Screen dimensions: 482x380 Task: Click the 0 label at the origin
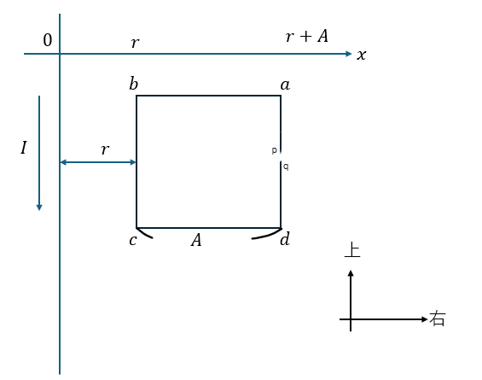click(47, 40)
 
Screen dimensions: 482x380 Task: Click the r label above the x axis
click(136, 43)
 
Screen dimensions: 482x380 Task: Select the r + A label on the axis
click(307, 36)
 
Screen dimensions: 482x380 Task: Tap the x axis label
click(362, 55)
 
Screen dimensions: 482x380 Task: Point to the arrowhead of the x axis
click(349, 54)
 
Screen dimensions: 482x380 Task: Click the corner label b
click(133, 84)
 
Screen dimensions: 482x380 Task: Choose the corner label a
click(285, 85)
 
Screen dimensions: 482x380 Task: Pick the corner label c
click(132, 240)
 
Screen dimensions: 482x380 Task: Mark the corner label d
click(285, 239)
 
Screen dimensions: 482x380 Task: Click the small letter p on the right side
click(274, 150)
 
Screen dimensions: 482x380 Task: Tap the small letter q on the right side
click(286, 167)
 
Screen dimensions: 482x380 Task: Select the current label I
click(24, 148)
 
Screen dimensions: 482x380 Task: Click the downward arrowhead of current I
click(39, 208)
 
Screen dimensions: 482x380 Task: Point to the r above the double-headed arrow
click(105, 149)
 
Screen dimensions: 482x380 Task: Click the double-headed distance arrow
click(98, 162)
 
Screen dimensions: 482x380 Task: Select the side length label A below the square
click(196, 240)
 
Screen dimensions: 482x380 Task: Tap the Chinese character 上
click(352, 250)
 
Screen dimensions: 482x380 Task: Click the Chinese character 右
click(437, 319)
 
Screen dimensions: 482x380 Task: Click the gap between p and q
click(281, 157)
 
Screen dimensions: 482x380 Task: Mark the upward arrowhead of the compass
click(351, 273)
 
